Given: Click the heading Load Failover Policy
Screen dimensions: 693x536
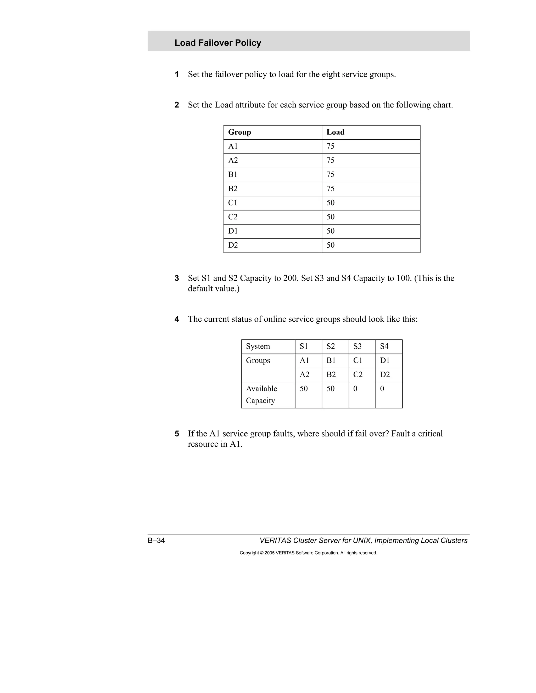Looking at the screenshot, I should [217, 43].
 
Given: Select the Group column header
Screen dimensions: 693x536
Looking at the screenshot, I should [239, 132].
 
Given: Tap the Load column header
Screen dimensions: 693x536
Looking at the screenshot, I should [335, 132].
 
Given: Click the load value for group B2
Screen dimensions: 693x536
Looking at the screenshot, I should [330, 189].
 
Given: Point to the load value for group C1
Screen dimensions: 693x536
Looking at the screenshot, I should [330, 203].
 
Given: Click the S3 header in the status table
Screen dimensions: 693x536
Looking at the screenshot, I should [357, 346].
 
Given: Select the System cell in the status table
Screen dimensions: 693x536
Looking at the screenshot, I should [258, 346].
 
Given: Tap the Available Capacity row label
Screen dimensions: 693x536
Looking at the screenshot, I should [261, 394].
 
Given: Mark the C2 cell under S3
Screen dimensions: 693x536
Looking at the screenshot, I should [358, 374].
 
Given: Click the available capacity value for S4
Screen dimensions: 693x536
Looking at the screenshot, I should [382, 389].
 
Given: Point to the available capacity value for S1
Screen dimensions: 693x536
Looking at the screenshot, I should [304, 389].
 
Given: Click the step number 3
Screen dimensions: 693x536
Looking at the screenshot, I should [177, 278].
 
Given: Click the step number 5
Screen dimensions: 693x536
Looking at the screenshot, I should [177, 434].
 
